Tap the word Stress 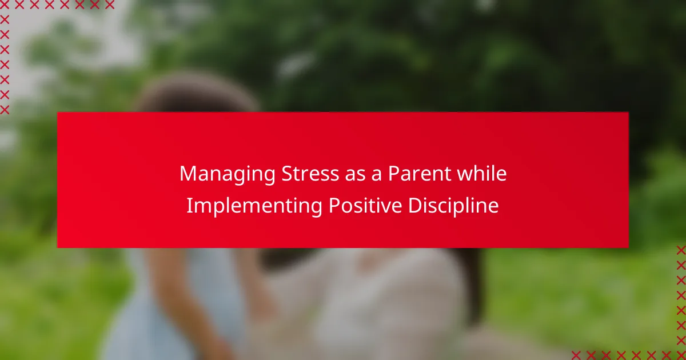(310, 173)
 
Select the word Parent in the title (420, 173)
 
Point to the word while (482, 173)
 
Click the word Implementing (254, 206)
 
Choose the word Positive (365, 205)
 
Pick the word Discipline (453, 206)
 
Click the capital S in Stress (287, 173)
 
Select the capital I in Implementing (189, 205)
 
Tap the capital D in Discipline (415, 205)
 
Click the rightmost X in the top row (110, 5)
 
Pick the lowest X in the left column (5, 110)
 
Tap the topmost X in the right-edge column (681, 250)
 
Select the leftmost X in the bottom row (576, 355)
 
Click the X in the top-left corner (5, 5)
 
